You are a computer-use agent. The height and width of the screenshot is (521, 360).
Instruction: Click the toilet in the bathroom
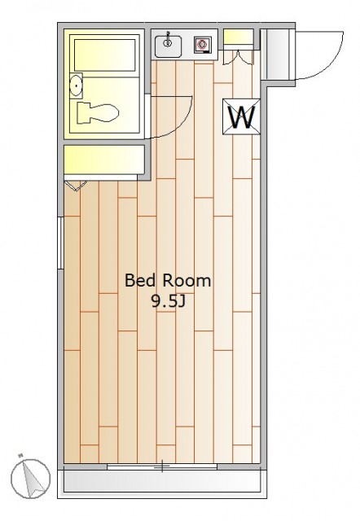point(98,113)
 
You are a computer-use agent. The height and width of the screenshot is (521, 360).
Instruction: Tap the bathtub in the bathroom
point(104,55)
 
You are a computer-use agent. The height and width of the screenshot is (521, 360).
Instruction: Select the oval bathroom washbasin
point(76,85)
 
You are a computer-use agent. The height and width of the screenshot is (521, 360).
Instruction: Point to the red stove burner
point(202,44)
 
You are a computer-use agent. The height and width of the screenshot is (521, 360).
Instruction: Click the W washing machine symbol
point(241,116)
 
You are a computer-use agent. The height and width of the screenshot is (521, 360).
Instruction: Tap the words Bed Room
point(168,281)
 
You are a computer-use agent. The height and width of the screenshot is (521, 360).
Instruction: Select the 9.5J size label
point(168,302)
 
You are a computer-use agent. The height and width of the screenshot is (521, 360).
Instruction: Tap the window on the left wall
point(60,243)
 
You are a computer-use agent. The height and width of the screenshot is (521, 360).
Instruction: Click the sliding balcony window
point(162,466)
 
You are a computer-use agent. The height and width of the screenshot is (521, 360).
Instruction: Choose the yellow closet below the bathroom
point(104,160)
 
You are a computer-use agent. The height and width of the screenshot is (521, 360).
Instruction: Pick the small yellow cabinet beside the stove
point(239,37)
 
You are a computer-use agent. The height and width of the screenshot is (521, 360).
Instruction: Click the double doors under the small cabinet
point(239,57)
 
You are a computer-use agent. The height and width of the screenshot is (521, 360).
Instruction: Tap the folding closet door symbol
point(76,186)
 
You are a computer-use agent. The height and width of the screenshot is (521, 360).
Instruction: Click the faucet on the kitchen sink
point(168,38)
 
